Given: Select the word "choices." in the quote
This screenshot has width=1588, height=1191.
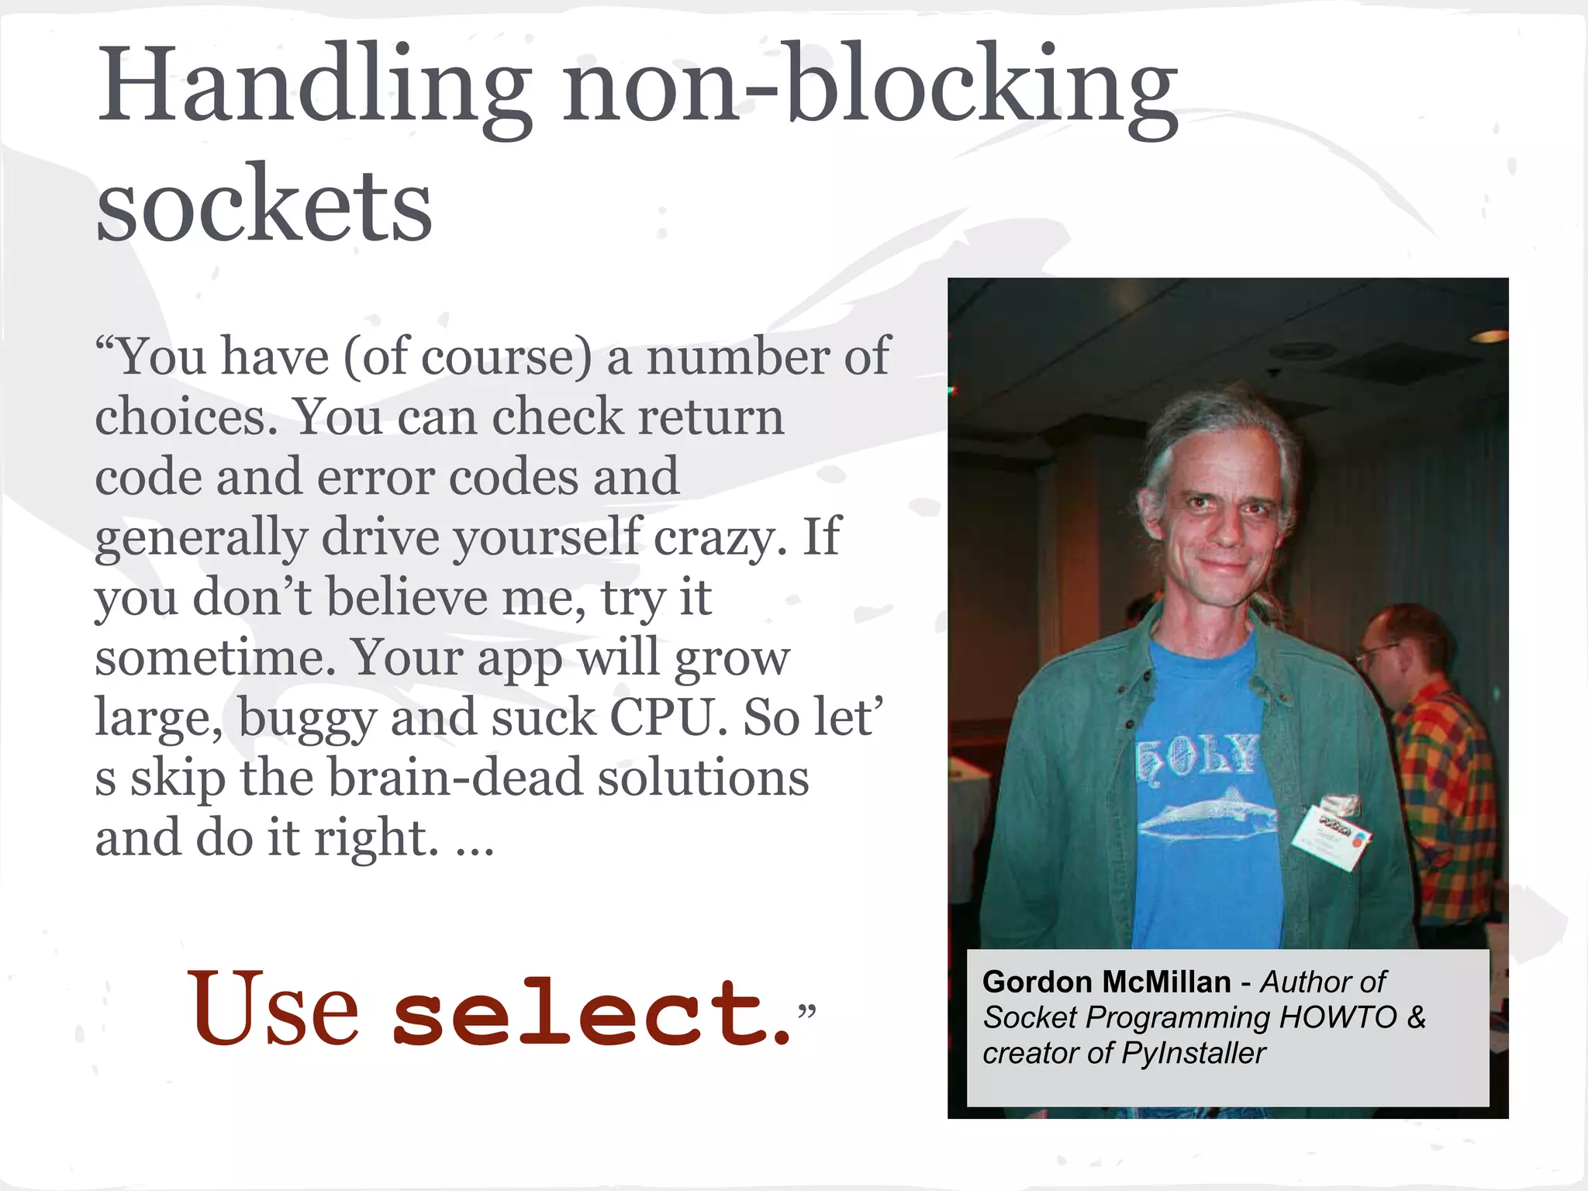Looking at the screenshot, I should point(186,416).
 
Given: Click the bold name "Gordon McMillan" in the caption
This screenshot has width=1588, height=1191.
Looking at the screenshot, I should point(1106,982).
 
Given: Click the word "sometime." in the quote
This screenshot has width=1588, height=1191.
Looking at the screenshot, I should point(215,658).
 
